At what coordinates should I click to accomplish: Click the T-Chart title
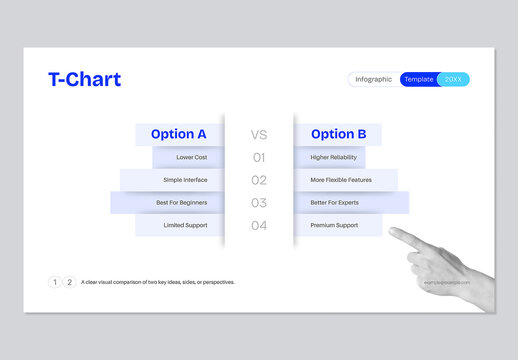[x=84, y=80]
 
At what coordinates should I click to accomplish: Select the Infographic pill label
[x=374, y=79]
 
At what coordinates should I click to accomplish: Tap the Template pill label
[x=419, y=79]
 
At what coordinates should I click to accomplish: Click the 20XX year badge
[x=454, y=79]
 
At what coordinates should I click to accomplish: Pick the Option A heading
[x=179, y=134]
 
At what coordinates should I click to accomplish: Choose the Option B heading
[x=339, y=134]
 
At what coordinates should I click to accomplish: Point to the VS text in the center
[x=259, y=134]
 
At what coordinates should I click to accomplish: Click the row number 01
[x=259, y=157]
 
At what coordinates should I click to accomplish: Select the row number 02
[x=259, y=180]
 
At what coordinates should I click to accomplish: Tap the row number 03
[x=259, y=203]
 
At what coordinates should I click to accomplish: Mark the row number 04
[x=259, y=226]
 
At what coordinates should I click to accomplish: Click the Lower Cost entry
[x=192, y=157]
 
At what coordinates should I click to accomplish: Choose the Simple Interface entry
[x=185, y=180]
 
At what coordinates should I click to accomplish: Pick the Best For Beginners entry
[x=182, y=203]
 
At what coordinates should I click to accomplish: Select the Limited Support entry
[x=185, y=226]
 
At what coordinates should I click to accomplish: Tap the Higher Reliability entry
[x=333, y=157]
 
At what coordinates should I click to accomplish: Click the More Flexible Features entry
[x=340, y=180]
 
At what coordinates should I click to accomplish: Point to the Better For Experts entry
[x=334, y=203]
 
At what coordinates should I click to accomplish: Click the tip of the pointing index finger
[x=392, y=232]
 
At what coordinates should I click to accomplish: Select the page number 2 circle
[x=69, y=282]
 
